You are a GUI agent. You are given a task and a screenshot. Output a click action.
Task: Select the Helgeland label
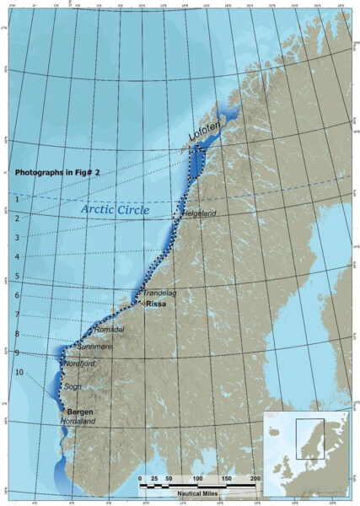(x=199, y=213)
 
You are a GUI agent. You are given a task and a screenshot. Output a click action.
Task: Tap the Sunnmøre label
(x=94, y=346)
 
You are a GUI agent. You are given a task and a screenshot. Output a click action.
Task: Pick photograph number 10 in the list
(x=19, y=372)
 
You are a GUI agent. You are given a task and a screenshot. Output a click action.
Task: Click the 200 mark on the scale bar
(x=254, y=478)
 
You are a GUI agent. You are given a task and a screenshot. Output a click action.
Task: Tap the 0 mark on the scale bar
(x=140, y=478)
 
